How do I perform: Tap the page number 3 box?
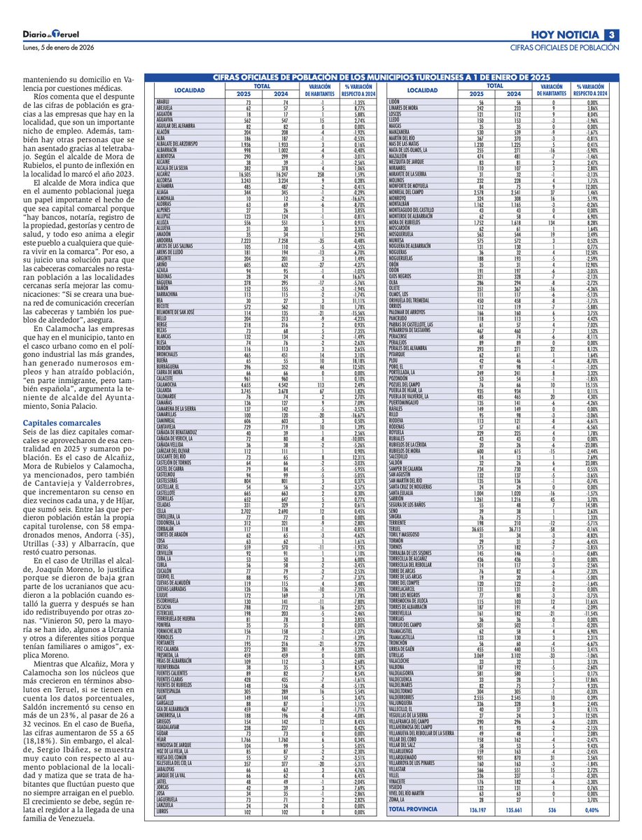click(610, 35)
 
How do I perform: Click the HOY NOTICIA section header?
click(566, 35)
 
